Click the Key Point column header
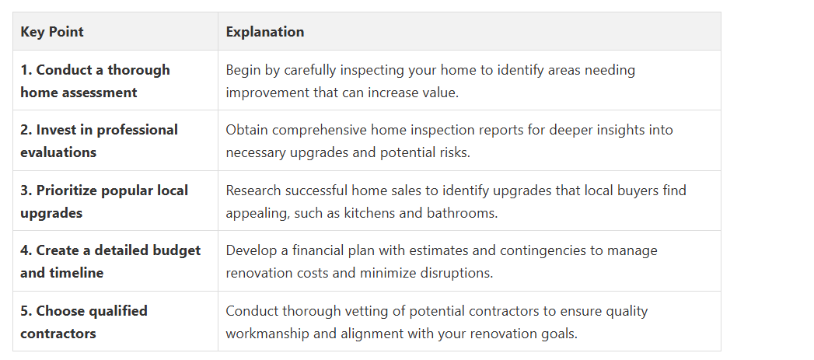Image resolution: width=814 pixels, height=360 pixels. (52, 32)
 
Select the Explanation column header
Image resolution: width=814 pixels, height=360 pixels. (265, 32)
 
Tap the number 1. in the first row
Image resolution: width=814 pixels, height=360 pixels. (26, 70)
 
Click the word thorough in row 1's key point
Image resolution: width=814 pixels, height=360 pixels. (138, 70)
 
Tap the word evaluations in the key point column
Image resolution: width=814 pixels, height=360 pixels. (58, 152)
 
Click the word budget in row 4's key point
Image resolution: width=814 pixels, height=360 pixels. (176, 250)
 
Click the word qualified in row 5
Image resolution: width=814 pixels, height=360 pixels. (118, 311)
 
